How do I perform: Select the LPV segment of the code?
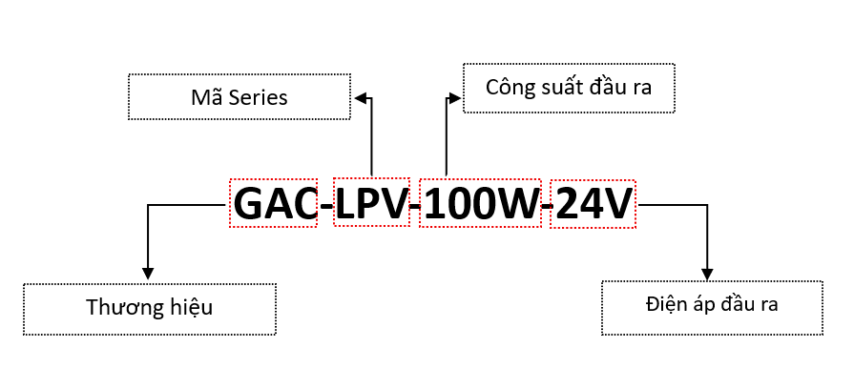[x=372, y=203]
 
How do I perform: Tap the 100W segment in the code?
[x=480, y=203]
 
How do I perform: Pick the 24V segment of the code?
[x=593, y=203]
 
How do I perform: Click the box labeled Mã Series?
[x=239, y=97]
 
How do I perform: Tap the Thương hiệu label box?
[x=149, y=308]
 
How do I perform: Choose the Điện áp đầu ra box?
[x=711, y=306]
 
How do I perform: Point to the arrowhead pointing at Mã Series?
[x=359, y=96]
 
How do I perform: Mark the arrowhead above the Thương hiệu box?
[x=147, y=273]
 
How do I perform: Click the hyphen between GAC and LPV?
[x=326, y=206]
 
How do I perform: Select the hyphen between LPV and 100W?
[x=415, y=206]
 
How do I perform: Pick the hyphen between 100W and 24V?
[x=547, y=206]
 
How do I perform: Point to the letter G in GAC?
[x=251, y=203]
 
